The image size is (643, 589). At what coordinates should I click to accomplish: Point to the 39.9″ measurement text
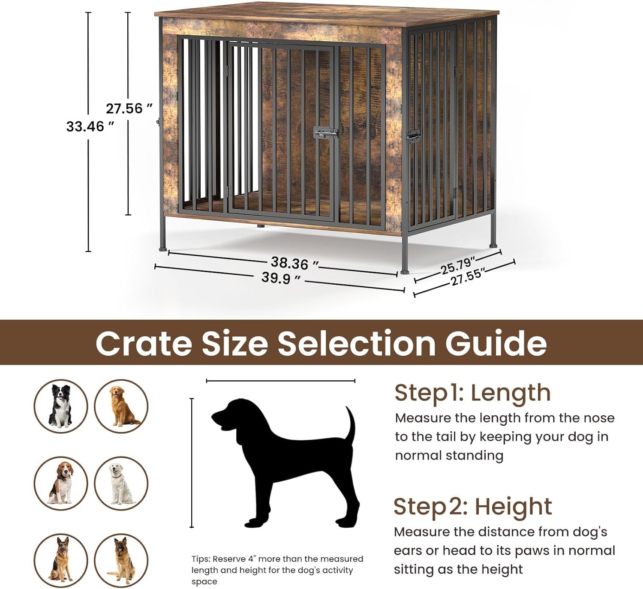[281, 278]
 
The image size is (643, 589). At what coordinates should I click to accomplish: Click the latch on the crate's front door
[325, 133]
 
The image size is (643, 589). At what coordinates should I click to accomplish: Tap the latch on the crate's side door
[413, 136]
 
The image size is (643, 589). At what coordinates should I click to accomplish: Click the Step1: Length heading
[472, 393]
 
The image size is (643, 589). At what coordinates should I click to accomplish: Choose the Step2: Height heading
[472, 507]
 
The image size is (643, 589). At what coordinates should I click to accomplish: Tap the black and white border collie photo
[61, 406]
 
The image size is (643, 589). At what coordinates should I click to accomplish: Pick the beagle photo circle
[61, 483]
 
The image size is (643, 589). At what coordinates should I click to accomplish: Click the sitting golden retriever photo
[121, 406]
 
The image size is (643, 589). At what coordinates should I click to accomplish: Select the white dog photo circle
[121, 483]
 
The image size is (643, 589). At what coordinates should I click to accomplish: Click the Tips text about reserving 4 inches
[277, 570]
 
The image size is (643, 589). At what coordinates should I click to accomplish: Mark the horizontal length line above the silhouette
[280, 381]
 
